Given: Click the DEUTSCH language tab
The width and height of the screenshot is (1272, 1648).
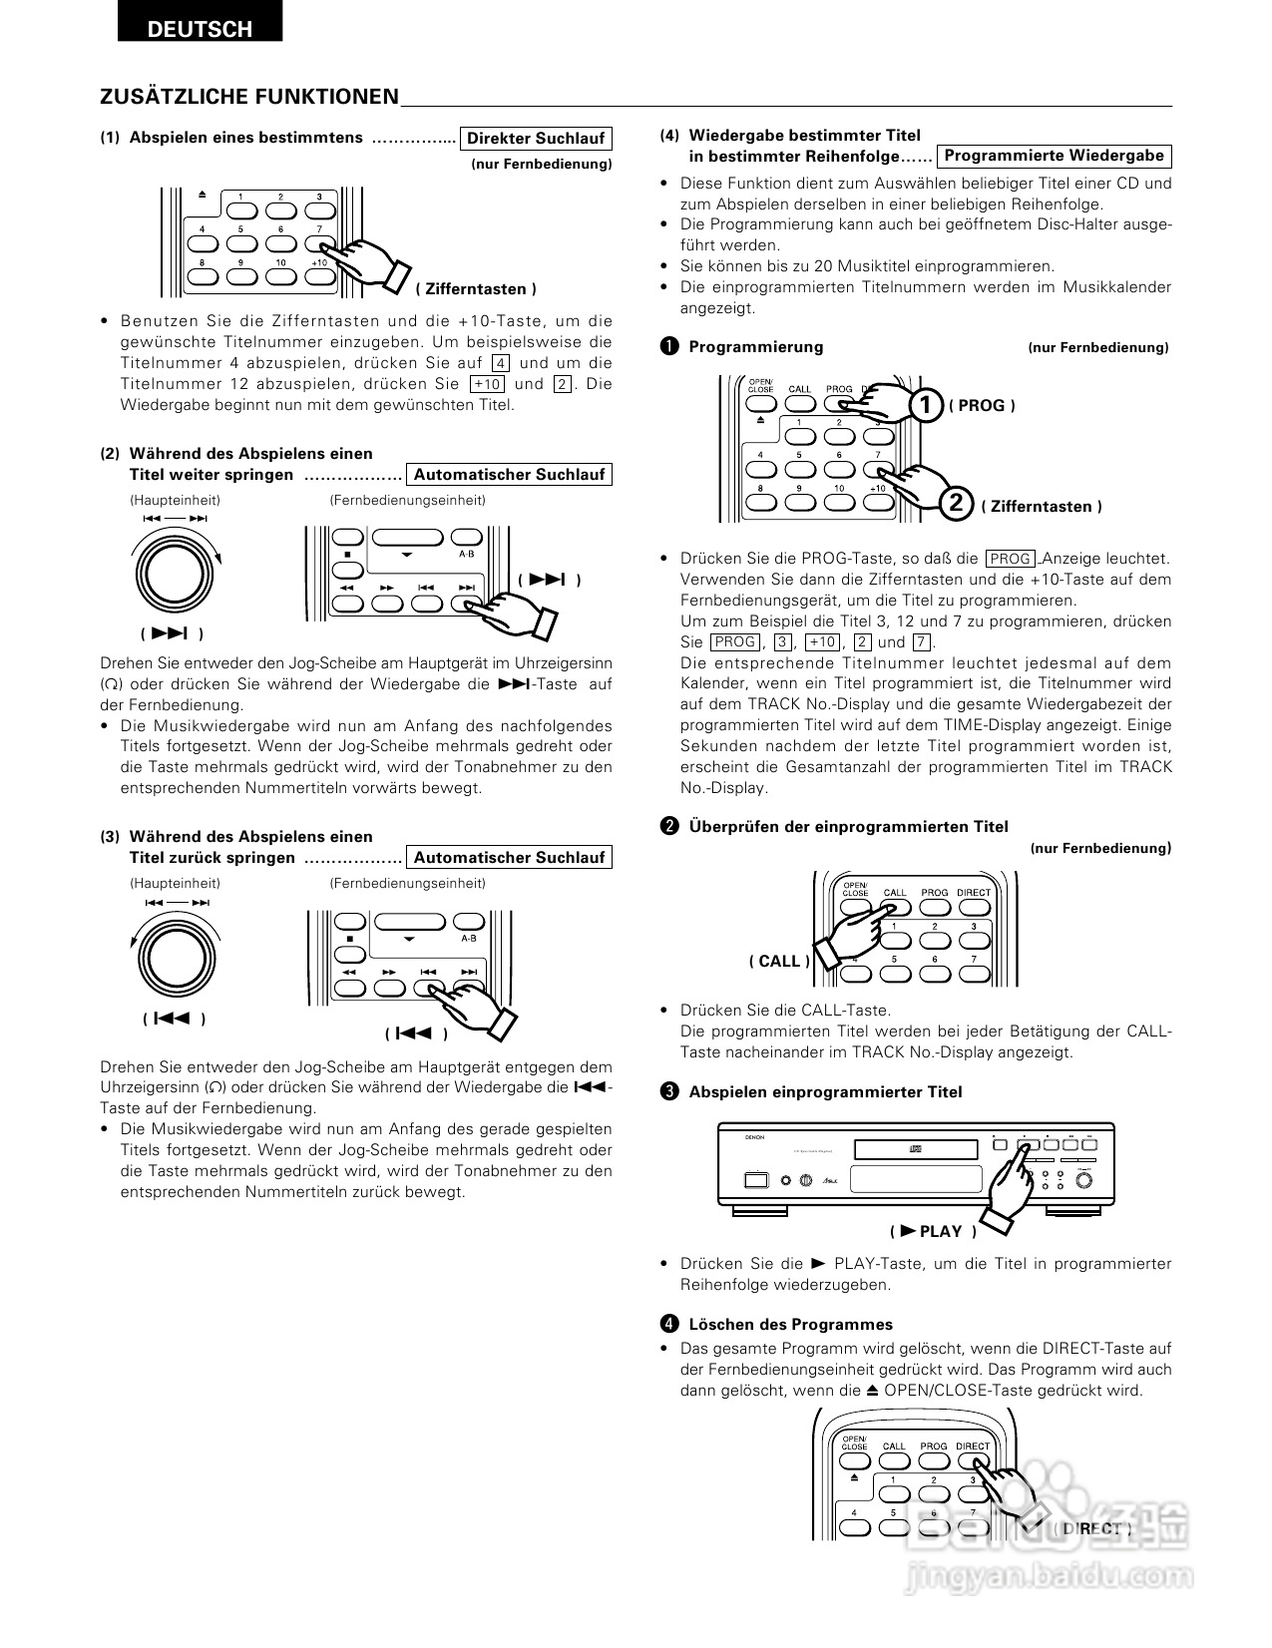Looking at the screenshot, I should tap(200, 29).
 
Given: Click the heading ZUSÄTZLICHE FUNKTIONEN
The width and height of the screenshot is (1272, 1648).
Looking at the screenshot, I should tap(249, 97).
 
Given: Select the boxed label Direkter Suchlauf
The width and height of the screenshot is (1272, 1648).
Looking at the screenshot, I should tap(536, 139).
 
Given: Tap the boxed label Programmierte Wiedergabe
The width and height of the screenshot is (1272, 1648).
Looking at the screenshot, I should tap(1054, 156).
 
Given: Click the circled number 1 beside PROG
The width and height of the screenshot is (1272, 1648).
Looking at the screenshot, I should tap(926, 405).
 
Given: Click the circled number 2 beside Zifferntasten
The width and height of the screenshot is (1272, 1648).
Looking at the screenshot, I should tap(956, 503).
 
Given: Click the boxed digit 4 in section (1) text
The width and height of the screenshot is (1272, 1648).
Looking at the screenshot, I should tap(501, 363).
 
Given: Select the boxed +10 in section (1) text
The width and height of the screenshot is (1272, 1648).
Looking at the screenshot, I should tap(488, 384).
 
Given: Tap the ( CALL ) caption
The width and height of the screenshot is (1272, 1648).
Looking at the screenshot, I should tap(779, 961).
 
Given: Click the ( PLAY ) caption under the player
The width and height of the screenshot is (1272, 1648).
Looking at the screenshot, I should tap(933, 1231).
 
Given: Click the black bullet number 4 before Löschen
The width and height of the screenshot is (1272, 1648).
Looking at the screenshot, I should tap(669, 1325).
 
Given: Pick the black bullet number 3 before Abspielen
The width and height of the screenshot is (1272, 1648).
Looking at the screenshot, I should tap(669, 1091).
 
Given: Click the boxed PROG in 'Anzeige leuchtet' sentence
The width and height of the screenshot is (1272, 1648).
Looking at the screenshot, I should tap(1011, 559).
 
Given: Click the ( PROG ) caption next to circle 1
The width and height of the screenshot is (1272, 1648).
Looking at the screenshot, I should tap(982, 405).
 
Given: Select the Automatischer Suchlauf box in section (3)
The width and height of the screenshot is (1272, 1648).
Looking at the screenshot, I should tap(509, 858).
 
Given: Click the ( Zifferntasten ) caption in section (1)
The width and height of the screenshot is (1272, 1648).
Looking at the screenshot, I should tap(476, 289).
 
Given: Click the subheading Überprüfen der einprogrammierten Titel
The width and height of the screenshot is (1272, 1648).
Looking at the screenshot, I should tap(848, 826).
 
